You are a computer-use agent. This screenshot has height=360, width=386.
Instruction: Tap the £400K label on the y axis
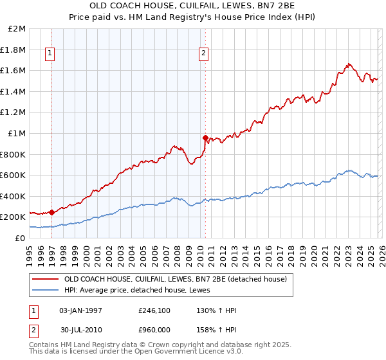(14, 196)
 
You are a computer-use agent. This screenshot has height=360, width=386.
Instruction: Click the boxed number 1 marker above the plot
(51, 54)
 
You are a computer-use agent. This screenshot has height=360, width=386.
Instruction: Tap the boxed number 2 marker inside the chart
(203, 54)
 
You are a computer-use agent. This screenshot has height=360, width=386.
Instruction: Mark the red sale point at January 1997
(51, 212)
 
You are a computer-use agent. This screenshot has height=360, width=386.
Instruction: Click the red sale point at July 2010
(205, 137)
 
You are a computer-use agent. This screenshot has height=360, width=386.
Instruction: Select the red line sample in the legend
(46, 279)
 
